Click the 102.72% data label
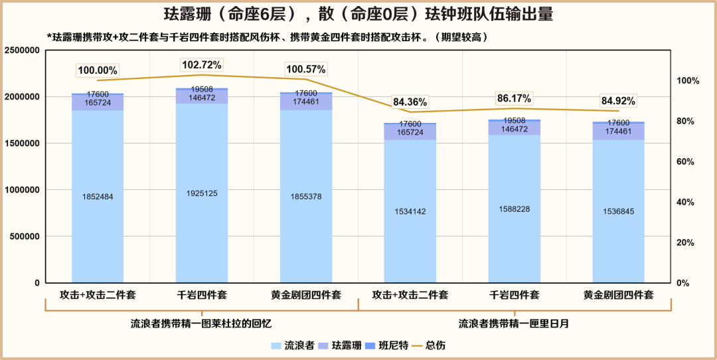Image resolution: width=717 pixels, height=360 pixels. click(x=202, y=65)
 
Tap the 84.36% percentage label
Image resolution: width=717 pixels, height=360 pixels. click(x=410, y=102)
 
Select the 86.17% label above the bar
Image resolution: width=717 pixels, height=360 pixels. click(x=514, y=98)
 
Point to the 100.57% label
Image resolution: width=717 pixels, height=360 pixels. click(x=306, y=69)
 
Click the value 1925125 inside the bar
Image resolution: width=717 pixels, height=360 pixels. click(x=202, y=193)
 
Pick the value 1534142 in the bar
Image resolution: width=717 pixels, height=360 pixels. click(x=410, y=211)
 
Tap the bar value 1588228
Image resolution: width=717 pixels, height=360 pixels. click(x=514, y=209)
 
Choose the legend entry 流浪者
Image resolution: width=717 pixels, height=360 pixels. click(x=293, y=345)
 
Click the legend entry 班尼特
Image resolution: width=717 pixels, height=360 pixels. click(x=387, y=345)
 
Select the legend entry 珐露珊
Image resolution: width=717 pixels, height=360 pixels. click(x=340, y=345)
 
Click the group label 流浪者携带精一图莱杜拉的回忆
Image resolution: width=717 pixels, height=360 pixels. click(x=201, y=323)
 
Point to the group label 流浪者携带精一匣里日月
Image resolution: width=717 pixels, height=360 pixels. click(x=514, y=323)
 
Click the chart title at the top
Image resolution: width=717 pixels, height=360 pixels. click(x=358, y=15)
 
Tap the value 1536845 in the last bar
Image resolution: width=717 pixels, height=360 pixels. click(x=618, y=211)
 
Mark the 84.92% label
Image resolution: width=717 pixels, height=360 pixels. click(x=618, y=102)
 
